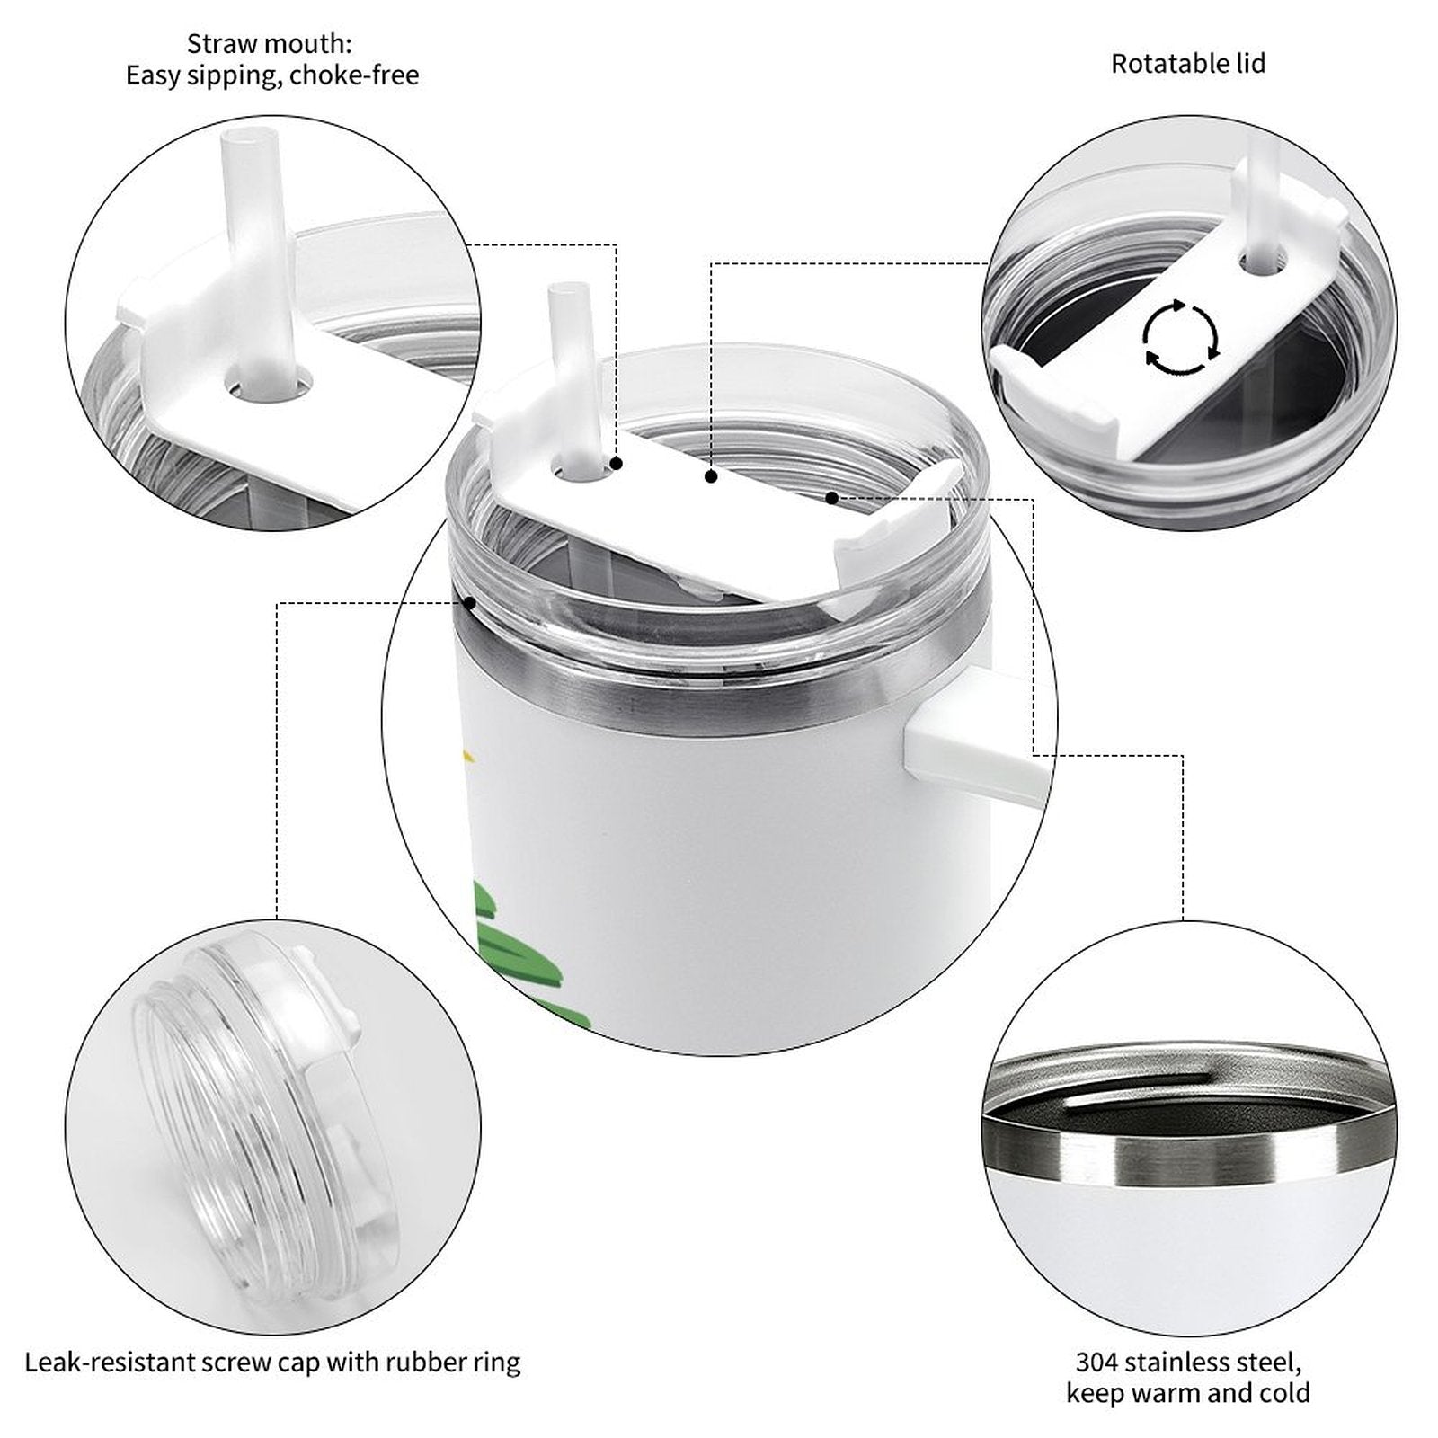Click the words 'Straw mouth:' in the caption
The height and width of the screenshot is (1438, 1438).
point(270,43)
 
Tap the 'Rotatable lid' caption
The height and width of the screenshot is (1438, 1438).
point(1188,64)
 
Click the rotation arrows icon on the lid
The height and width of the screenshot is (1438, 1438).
point(1181,337)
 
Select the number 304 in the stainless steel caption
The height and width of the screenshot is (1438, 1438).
point(1096,1363)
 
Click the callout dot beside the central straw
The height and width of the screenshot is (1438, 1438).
point(617,464)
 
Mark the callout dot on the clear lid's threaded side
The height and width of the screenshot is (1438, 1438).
point(468,603)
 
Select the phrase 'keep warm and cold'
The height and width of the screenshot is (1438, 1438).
point(1188,1394)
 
